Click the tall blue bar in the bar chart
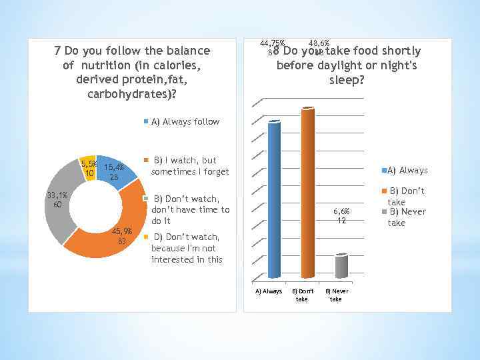(273, 200)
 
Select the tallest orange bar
(307, 193)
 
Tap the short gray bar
(341, 266)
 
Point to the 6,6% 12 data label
(340, 216)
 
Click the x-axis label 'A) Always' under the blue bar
(269, 291)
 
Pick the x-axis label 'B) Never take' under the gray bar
(337, 295)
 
